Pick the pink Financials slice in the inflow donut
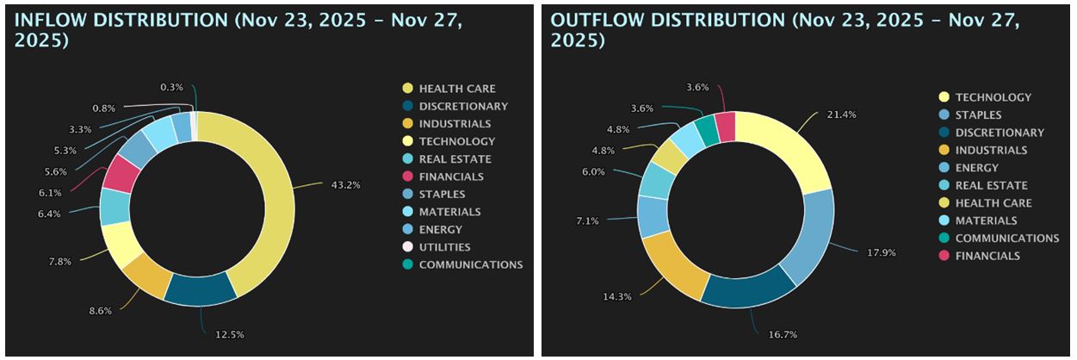[122, 174]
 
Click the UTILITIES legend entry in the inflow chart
[444, 247]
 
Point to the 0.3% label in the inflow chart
[171, 87]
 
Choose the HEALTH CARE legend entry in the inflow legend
[456, 89]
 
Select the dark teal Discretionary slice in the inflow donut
[200, 288]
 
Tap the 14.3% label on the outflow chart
[616, 297]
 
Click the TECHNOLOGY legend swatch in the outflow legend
[944, 97]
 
